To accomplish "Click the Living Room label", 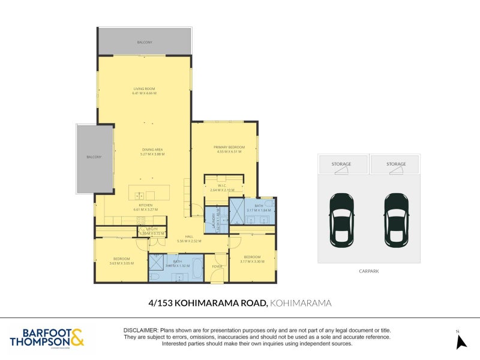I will (x=144, y=89).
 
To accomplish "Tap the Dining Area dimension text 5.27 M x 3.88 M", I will (x=144, y=154).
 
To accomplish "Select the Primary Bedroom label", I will (x=229, y=147).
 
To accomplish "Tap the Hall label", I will (x=188, y=236).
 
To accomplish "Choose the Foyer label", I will (x=217, y=266).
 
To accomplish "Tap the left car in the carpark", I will (x=341, y=220).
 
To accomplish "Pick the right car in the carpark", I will (x=396, y=220).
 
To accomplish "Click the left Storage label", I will (x=341, y=164).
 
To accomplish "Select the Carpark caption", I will (x=369, y=271).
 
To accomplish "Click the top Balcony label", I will (x=144, y=43).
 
